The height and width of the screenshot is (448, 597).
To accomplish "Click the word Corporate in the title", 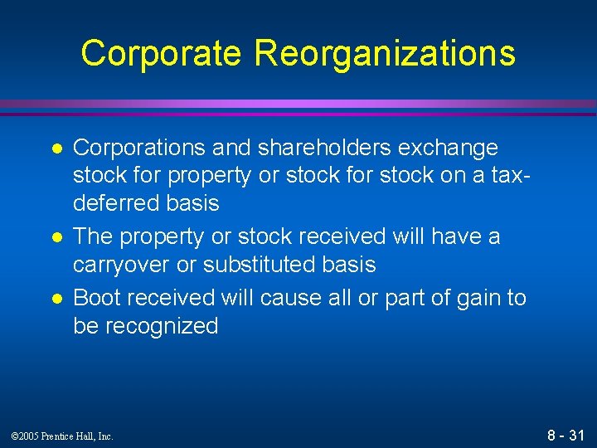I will tap(163, 53).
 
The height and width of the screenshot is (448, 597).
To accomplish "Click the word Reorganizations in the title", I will tap(385, 53).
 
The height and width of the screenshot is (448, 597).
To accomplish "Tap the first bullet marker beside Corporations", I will tap(56, 149).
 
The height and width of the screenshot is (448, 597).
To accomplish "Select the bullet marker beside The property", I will tap(56, 237).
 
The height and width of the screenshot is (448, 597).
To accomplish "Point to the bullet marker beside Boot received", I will tap(56, 299).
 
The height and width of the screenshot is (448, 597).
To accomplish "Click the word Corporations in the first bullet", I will tap(138, 148).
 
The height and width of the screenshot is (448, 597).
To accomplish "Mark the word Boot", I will tap(95, 297).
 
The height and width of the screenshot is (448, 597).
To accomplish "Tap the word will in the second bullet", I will tap(411, 236).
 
